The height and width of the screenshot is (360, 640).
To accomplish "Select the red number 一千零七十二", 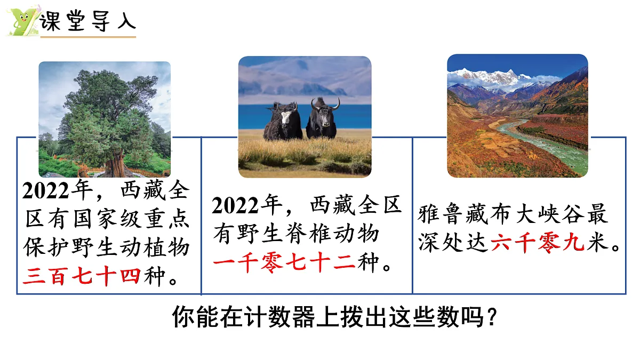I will pyautogui.click(x=284, y=262).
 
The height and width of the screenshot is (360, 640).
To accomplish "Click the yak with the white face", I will pyautogui.click(x=283, y=120).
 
